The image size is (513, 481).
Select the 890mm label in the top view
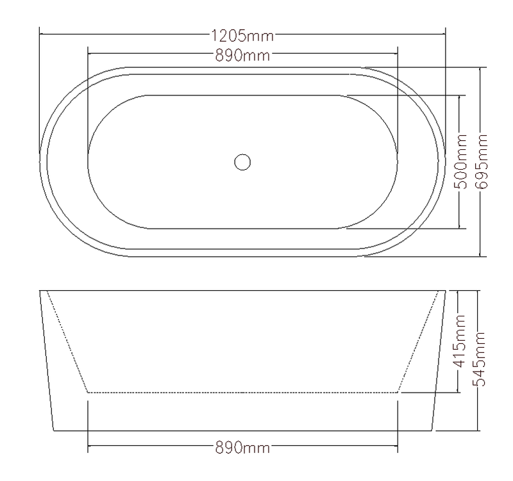point(242,54)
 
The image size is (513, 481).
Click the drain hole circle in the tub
point(242,162)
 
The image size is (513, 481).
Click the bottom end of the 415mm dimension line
point(459,391)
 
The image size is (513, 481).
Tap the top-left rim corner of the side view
point(40,291)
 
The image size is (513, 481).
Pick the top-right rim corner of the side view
point(445,291)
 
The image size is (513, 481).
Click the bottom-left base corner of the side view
point(53,430)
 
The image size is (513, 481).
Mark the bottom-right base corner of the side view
point(432,430)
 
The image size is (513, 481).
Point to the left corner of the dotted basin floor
point(87,391)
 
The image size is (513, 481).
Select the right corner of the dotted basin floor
point(398,391)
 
